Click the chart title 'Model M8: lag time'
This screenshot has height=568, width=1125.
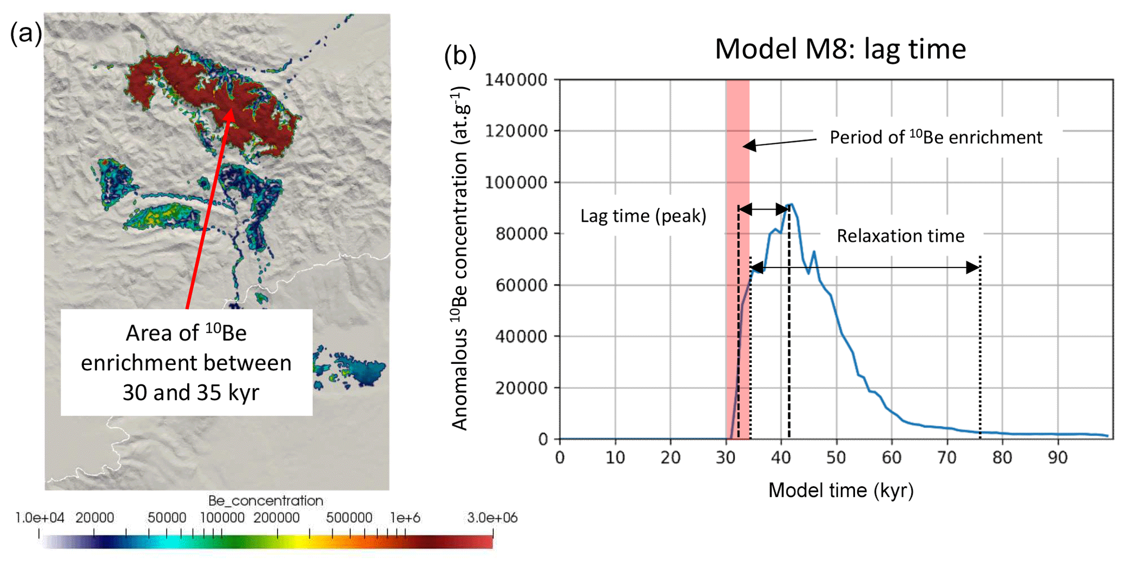pos(840,49)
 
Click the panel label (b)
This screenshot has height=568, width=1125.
pos(460,56)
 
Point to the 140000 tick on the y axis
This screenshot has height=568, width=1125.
pos(516,80)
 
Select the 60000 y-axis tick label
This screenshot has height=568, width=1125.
pos(521,285)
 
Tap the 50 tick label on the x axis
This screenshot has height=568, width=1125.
pos(836,457)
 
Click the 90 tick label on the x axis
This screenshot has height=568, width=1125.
pos(1058,457)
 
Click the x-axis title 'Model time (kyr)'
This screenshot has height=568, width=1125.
pos(840,490)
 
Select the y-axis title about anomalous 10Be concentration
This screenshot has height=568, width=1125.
pos(460,259)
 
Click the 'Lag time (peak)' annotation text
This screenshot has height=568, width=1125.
pos(643,216)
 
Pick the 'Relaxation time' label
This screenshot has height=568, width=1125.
pos(900,236)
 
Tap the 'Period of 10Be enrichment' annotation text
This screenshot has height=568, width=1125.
pos(936,137)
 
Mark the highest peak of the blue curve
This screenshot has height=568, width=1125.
pos(791,205)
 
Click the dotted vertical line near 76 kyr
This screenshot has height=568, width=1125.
pos(980,349)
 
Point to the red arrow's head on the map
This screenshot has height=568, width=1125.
pos(230,113)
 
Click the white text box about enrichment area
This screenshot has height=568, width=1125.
pos(186,362)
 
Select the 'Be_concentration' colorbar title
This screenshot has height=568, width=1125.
pos(266,500)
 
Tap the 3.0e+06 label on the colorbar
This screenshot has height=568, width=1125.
pos(491,517)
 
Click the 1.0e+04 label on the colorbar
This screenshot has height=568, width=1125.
pos(39,517)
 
